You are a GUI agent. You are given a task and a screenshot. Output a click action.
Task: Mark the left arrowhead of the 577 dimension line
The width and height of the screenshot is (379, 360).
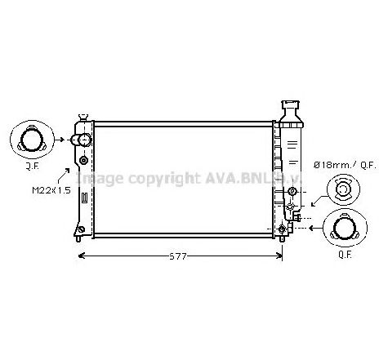(81, 256)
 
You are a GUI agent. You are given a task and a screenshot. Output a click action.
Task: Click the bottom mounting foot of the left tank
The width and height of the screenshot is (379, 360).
(79, 238)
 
